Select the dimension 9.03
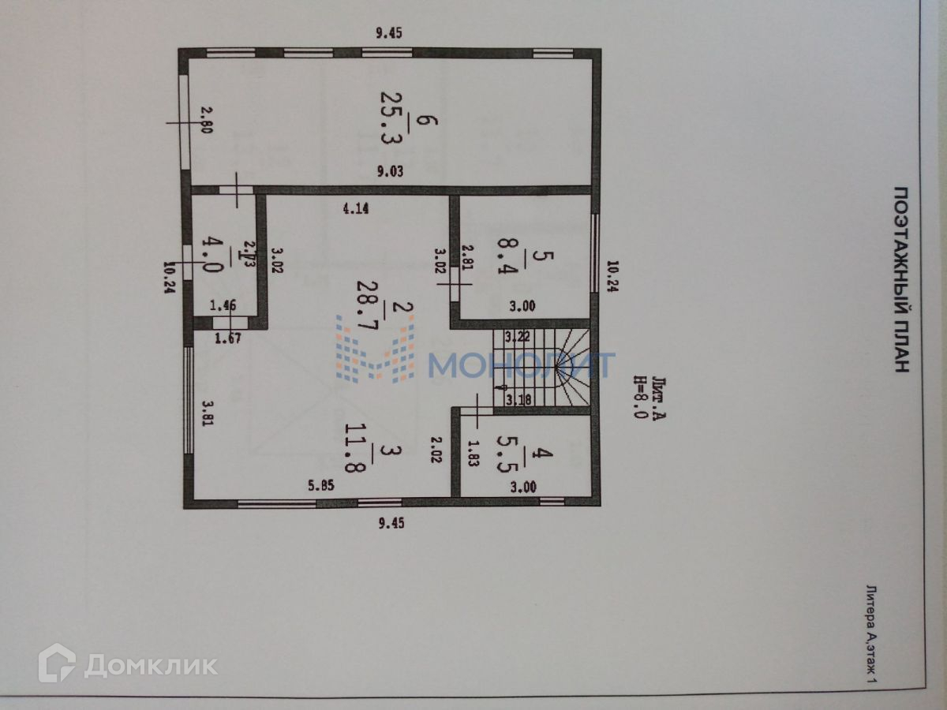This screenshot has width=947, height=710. pos(390,170)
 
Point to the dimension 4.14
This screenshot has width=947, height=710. pos(355,209)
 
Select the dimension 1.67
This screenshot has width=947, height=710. pos(228,338)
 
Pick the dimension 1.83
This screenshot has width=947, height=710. pos(473,456)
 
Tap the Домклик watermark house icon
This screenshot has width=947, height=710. pos(58,663)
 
